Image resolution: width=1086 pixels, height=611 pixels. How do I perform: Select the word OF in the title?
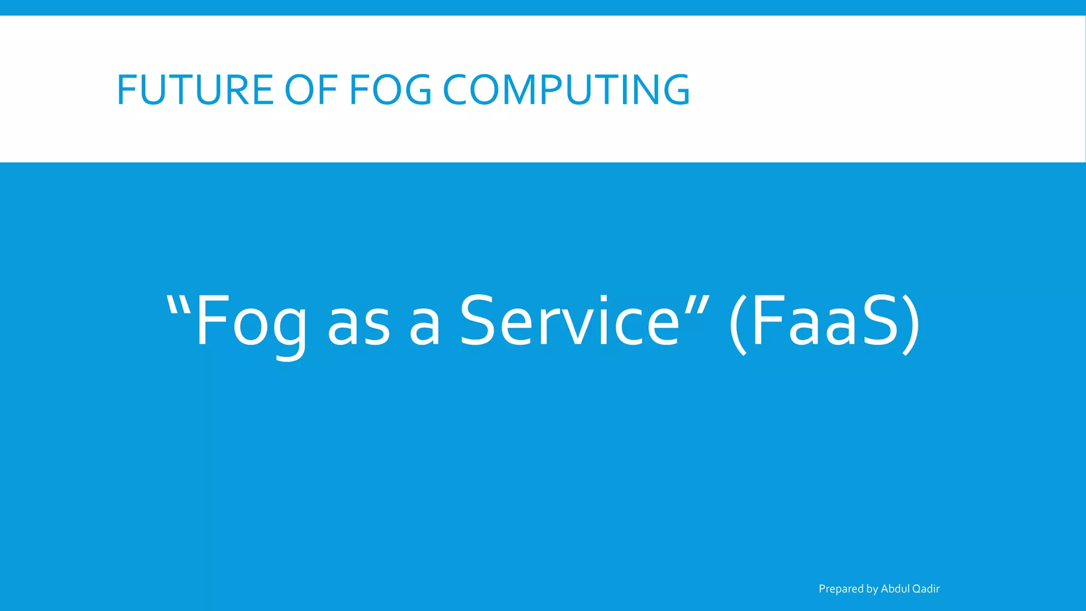click(x=311, y=90)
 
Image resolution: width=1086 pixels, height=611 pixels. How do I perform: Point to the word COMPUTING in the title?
click(x=566, y=90)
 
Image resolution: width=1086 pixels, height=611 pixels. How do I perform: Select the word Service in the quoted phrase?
click(x=569, y=321)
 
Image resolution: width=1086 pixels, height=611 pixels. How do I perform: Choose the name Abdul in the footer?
click(x=895, y=589)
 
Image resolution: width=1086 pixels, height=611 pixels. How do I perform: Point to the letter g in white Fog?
click(x=291, y=331)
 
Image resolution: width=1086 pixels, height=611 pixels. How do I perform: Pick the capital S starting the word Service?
click(x=479, y=321)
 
